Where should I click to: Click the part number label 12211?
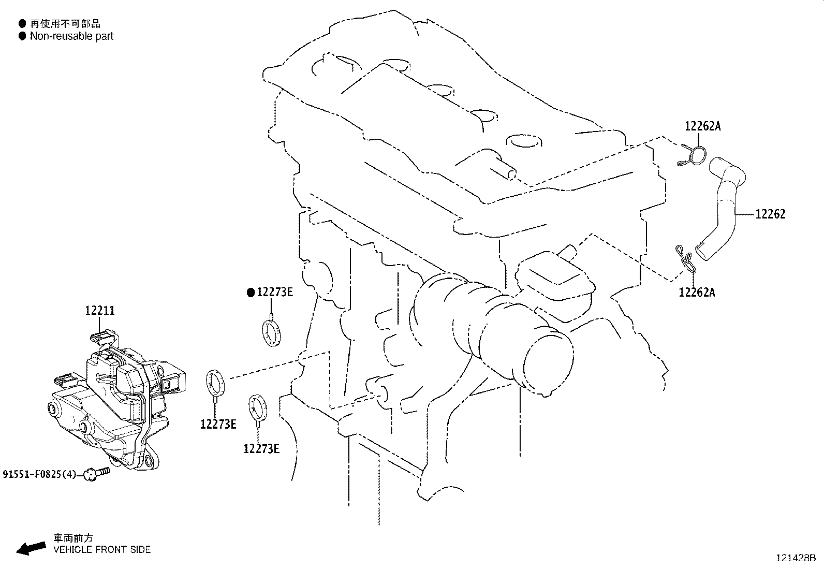point(100,311)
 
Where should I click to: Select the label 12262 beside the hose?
point(770,214)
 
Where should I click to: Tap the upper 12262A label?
point(702,126)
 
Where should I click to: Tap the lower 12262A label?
point(697,293)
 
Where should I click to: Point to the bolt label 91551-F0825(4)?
point(39,474)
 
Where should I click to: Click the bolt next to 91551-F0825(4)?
point(98,472)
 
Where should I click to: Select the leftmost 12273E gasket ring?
point(216,383)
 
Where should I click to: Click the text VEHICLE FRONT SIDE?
point(102,549)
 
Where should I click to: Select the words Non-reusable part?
point(71,36)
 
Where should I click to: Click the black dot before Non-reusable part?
point(22,36)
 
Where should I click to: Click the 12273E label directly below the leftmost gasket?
point(218,425)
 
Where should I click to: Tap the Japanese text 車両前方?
point(74,538)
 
